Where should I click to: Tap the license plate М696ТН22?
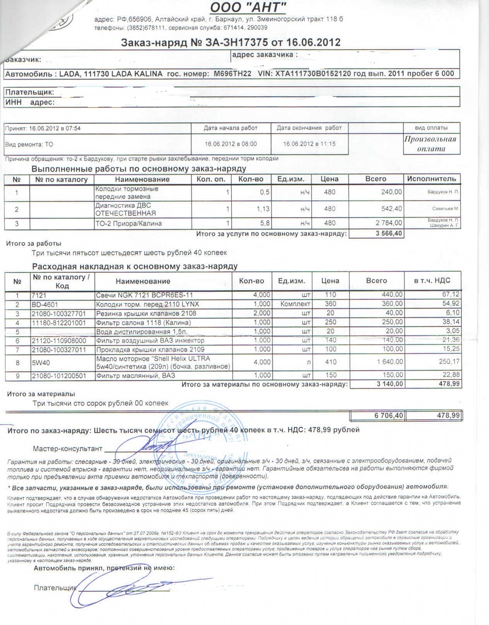[229, 74]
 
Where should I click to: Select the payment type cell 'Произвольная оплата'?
[430, 144]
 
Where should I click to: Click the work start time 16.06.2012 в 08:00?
[231, 144]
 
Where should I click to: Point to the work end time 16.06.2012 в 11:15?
[309, 144]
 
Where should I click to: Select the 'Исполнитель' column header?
[432, 179]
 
